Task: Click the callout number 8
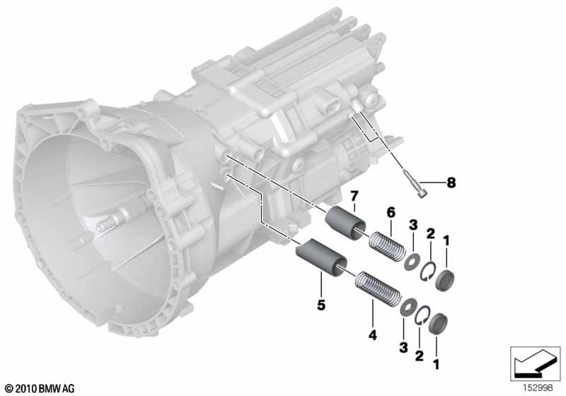(451, 182)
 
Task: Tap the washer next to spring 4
(409, 308)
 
